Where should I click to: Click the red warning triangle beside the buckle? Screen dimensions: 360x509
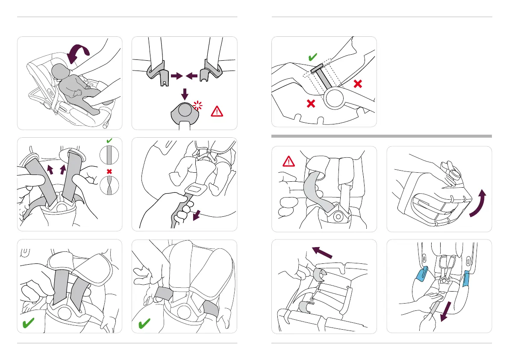click(218, 111)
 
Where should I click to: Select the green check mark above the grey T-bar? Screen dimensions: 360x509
click(312, 57)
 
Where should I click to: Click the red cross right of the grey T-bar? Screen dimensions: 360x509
click(358, 84)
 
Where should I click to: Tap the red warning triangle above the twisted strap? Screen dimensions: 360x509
click(289, 161)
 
